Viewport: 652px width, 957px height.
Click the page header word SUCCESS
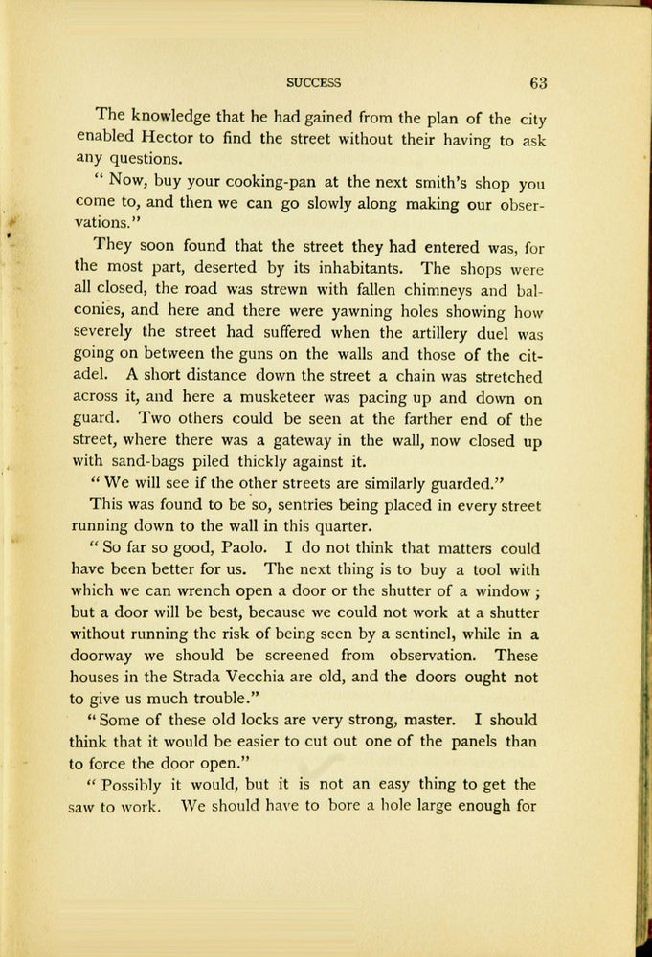(x=313, y=83)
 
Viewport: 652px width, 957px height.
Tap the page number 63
(x=537, y=82)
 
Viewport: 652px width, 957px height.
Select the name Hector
(x=161, y=139)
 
